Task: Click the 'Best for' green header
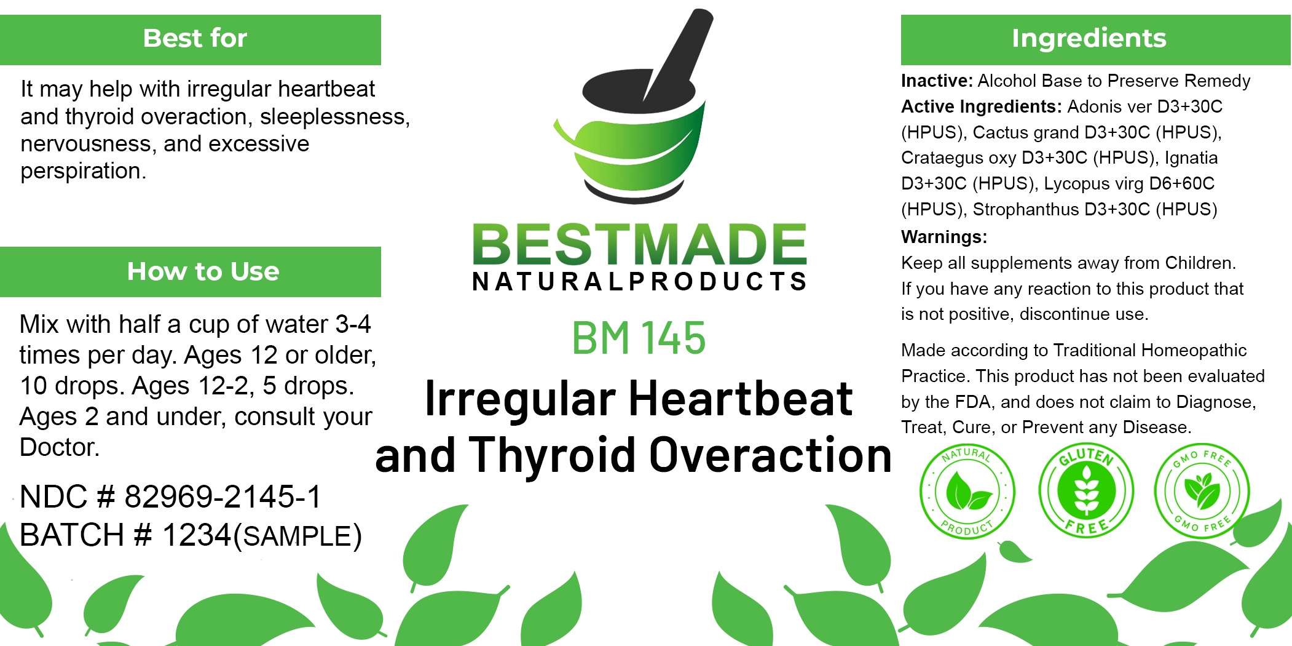[x=191, y=40]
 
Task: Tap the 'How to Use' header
[x=191, y=272]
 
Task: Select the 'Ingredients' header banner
[x=1095, y=40]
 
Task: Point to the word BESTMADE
[x=639, y=244]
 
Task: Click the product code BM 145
[x=639, y=338]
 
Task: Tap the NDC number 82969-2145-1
[x=223, y=496]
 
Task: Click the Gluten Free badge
[x=1086, y=490]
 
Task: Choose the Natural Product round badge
[x=967, y=492]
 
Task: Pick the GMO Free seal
[x=1202, y=491]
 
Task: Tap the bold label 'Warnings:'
[x=944, y=237]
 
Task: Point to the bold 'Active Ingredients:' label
[x=982, y=107]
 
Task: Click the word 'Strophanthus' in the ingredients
[x=1026, y=210]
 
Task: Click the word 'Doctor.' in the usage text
[x=60, y=447]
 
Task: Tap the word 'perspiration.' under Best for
[x=84, y=171]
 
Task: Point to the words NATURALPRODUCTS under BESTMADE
[x=639, y=281]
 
